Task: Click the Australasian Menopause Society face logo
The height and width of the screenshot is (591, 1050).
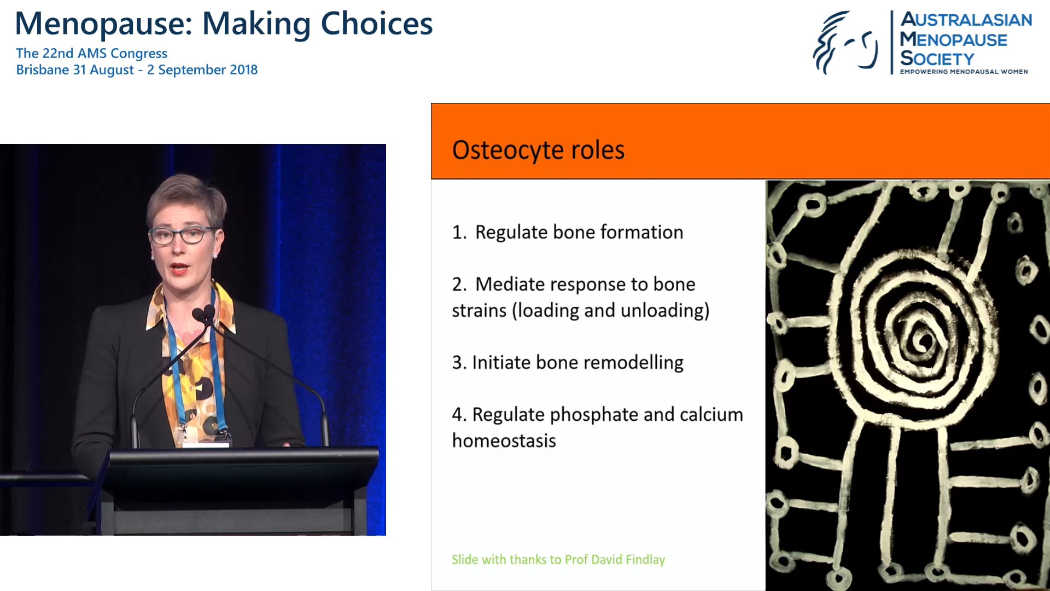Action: [845, 43]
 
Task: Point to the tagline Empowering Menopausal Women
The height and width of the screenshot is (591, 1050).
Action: [964, 72]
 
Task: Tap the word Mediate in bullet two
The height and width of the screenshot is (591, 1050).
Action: [510, 285]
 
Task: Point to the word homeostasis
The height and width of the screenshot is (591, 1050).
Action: [504, 441]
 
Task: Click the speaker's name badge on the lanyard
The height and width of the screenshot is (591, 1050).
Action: [205, 443]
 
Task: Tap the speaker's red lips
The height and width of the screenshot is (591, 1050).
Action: [179, 269]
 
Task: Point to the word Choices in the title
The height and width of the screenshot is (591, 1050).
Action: [376, 24]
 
